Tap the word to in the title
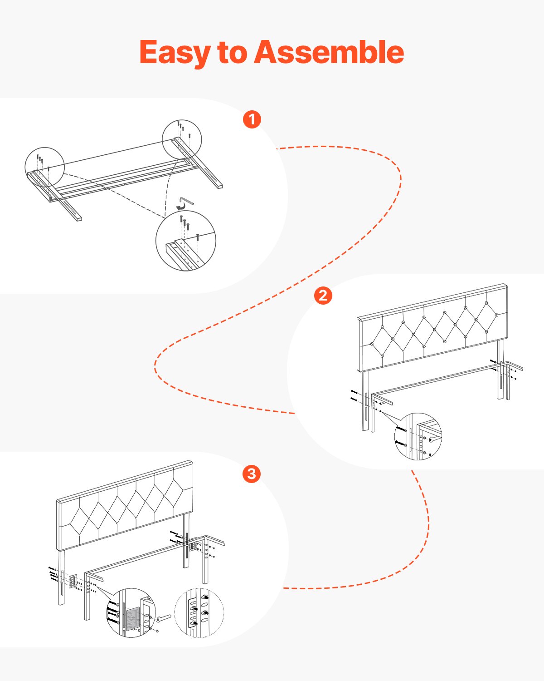231,53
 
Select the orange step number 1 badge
252,119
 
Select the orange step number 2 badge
323,296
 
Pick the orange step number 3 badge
252,474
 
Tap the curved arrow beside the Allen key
181,207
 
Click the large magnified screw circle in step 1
185,241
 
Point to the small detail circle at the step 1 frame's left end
44,167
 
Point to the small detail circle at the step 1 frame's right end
182,138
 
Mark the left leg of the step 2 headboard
365,400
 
